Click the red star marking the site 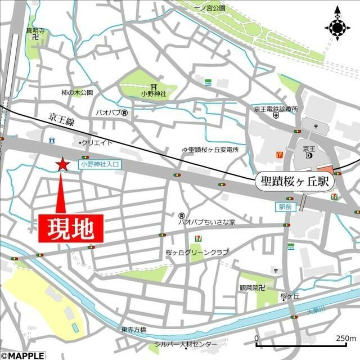(x=62, y=164)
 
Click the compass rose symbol (x=337, y=26)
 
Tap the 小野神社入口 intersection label (x=100, y=165)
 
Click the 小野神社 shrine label (x=154, y=94)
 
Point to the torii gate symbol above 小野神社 (x=154, y=85)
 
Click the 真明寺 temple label (x=35, y=30)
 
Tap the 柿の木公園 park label (x=77, y=92)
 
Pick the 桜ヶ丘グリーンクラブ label (x=197, y=253)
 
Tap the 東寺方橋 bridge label (x=133, y=330)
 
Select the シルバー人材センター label (x=186, y=344)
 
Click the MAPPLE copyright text (x=22, y=355)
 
